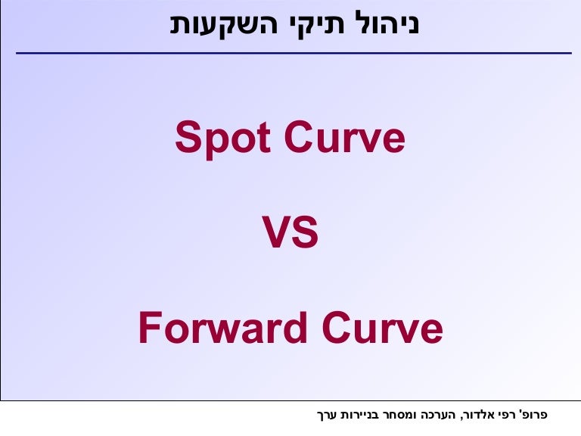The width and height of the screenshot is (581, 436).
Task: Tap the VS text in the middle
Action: coord(290,234)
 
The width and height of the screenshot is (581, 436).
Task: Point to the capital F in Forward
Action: coord(148,329)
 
